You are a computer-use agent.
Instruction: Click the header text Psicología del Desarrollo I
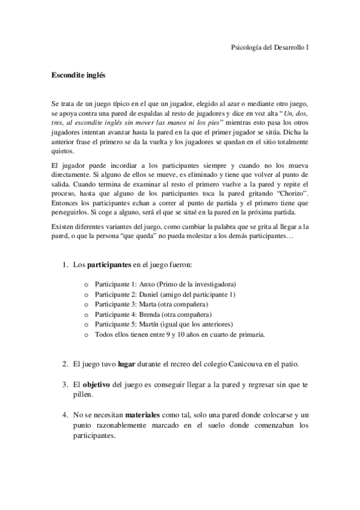(x=270, y=47)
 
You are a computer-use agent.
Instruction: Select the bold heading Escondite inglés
(x=78, y=76)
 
